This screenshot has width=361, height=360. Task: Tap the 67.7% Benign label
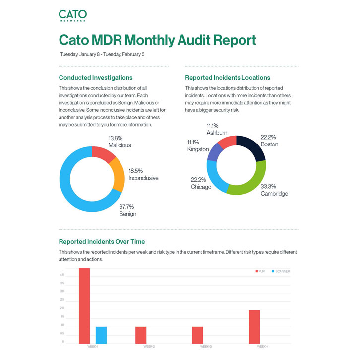coord(127,210)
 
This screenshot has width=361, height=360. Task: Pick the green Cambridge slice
coord(251,179)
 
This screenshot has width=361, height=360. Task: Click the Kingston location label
coord(198,146)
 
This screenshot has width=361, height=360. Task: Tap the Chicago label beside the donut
coord(201,183)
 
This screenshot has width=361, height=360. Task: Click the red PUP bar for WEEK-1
coord(84,305)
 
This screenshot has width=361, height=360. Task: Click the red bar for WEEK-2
coord(141,335)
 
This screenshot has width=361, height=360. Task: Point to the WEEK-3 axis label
coord(206,346)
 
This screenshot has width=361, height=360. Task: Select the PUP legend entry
coord(260,271)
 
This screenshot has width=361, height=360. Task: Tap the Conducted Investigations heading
coord(96,78)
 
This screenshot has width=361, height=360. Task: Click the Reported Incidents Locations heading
coord(228,78)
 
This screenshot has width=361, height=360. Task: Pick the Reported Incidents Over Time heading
coord(102,242)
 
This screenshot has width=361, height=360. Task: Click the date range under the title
coord(103,54)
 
